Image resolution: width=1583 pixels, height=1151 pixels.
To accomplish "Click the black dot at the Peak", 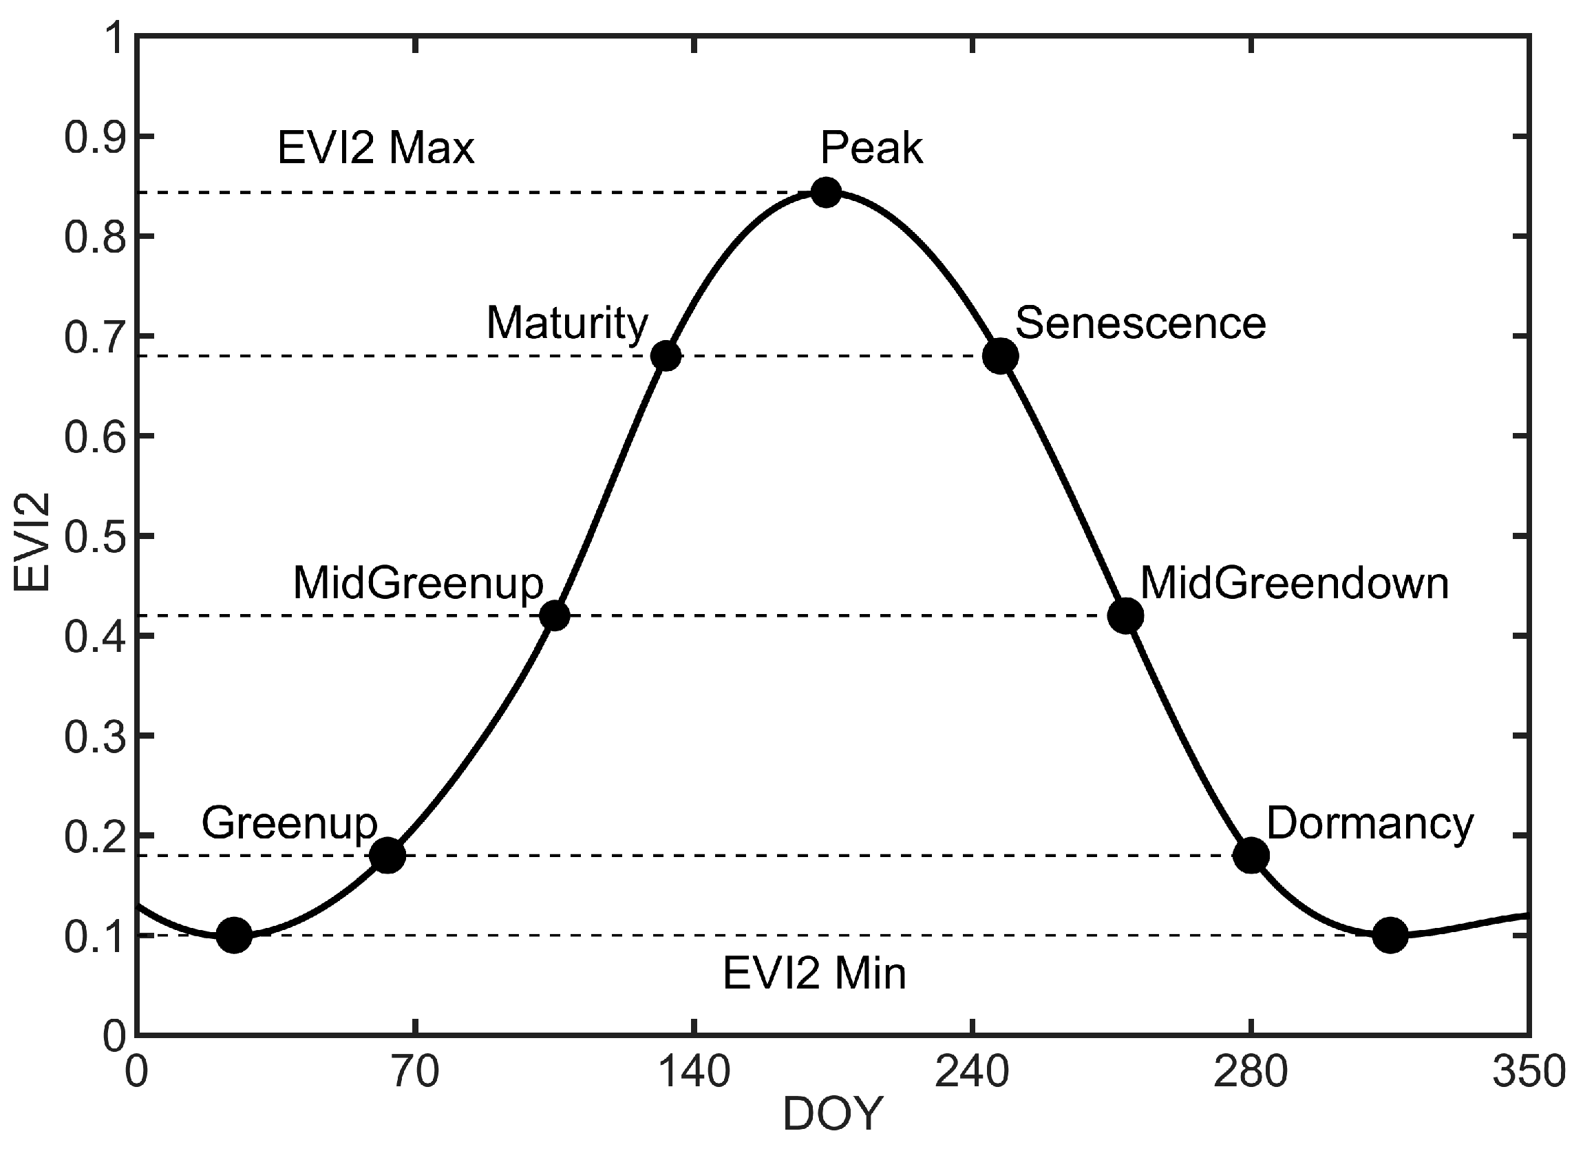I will [x=827, y=192].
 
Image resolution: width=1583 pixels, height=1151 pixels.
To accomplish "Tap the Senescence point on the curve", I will [x=1000, y=356].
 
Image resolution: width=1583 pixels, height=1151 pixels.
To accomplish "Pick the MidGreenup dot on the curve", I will [x=555, y=615].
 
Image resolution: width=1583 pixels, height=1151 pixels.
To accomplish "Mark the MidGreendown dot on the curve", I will [x=1126, y=615].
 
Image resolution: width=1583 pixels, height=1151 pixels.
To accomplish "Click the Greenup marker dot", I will [x=388, y=855].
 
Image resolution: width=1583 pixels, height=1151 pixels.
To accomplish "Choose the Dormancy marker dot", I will [x=1251, y=855].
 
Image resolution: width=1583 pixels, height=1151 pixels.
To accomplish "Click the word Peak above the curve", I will [x=871, y=148].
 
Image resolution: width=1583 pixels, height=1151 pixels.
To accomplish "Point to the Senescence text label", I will [x=1140, y=323].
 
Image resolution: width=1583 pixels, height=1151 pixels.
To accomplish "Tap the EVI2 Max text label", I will [x=376, y=148].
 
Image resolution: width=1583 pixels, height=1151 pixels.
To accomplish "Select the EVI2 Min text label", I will [x=814, y=973].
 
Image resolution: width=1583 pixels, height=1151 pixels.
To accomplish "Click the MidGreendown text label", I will [x=1294, y=583].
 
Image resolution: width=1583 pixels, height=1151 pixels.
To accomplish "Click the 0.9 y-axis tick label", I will [x=95, y=138].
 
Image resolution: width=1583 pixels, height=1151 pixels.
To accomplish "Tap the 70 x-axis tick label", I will [x=415, y=1073].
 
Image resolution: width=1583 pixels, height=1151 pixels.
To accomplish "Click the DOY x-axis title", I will [x=833, y=1115].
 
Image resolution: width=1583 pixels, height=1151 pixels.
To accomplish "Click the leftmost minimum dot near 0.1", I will [x=235, y=935].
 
